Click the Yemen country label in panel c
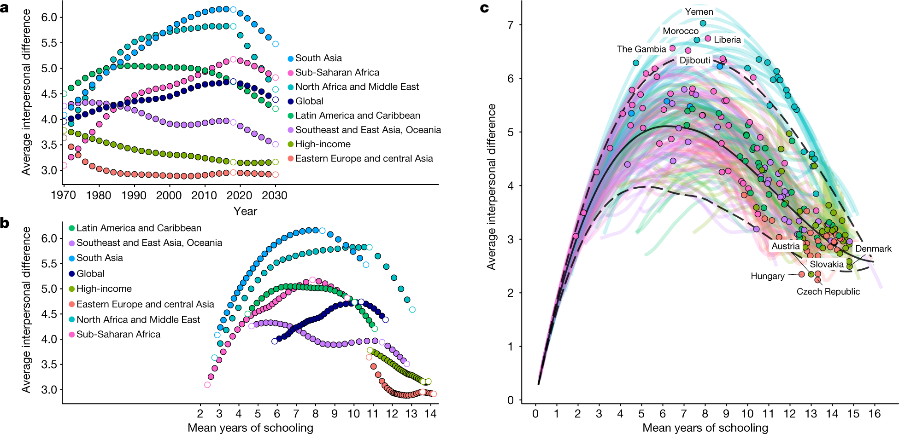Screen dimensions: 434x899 click(699, 12)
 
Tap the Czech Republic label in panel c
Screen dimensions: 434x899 click(828, 291)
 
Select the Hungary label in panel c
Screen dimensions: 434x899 click(767, 276)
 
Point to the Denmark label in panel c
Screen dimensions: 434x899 click(873, 249)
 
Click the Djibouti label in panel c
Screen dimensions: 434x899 click(694, 60)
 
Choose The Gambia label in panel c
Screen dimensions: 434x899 click(641, 49)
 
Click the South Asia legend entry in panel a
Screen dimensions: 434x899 click(318, 58)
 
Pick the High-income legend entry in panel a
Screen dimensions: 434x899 click(323, 145)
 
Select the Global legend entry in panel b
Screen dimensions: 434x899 click(90, 274)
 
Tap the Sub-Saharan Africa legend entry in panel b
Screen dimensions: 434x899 click(118, 335)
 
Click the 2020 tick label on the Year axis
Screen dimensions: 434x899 click(239, 196)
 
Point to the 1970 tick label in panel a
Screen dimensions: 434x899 click(64, 196)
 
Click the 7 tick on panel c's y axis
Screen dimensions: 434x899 click(511, 25)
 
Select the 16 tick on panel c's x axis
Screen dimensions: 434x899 click(874, 414)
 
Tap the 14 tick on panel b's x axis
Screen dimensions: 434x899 click(430, 414)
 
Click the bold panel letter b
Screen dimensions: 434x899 click(5, 223)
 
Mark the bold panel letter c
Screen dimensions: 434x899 click(484, 8)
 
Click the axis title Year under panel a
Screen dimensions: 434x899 click(245, 211)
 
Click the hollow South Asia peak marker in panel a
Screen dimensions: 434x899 click(233, 9)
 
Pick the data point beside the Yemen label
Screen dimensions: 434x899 click(703, 23)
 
